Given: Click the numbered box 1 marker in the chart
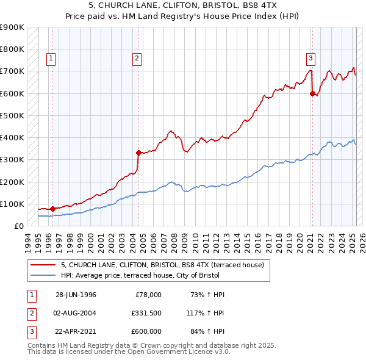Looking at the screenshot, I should pos(51,59).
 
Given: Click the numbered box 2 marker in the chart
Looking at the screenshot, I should pos(137,59).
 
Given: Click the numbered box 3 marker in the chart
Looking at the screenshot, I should pos(310,59).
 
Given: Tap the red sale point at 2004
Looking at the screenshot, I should pos(138,153).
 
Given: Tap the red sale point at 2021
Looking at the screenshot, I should pos(312,93).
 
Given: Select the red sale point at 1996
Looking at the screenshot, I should pos(52,209).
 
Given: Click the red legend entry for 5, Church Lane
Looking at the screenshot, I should pos(162,265).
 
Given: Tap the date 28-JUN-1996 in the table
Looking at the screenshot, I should pos(76,295).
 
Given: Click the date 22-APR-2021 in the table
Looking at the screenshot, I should pos(76,331).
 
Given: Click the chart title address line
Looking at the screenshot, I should pos(183,5).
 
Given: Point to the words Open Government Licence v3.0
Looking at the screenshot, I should pos(179,353).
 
